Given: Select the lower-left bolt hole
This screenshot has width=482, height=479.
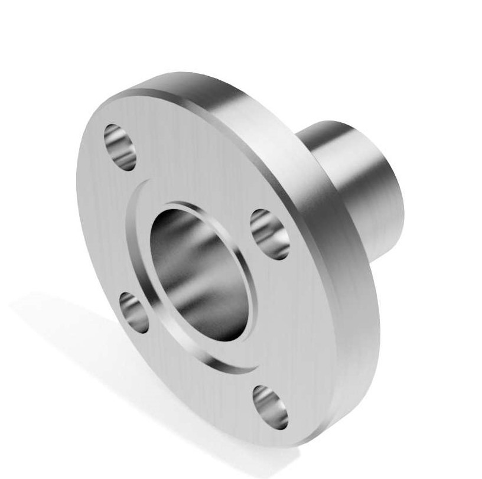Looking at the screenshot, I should pyautogui.click(x=135, y=311).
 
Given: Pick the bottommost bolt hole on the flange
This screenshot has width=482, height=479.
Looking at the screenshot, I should pyautogui.click(x=269, y=406).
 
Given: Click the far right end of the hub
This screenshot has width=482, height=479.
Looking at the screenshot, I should pyautogui.click(x=402, y=195).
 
